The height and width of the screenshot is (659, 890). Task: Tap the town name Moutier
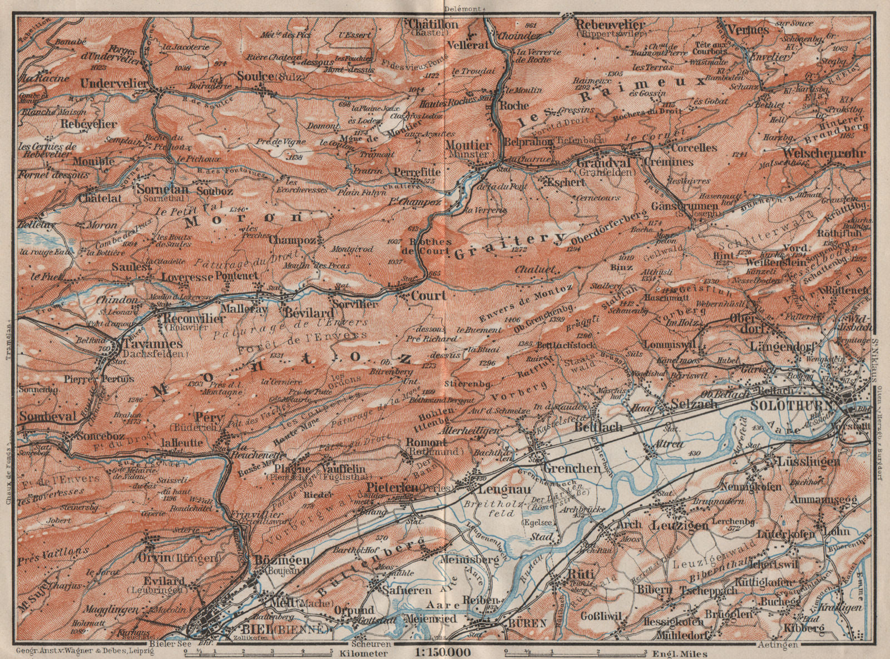click(x=469, y=145)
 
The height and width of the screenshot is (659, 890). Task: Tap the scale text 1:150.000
click(x=443, y=652)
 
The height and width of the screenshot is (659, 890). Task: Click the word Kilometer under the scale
click(x=365, y=652)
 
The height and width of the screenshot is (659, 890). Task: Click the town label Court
click(x=428, y=296)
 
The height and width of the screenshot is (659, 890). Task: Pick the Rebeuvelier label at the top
click(x=610, y=24)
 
